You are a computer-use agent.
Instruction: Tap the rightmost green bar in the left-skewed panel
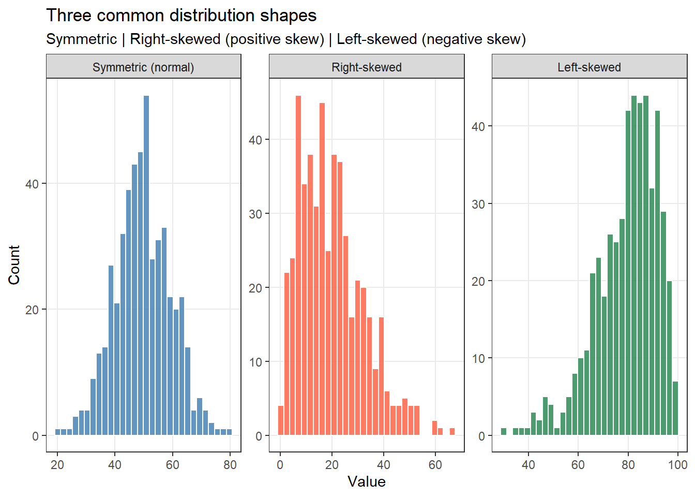point(675,408)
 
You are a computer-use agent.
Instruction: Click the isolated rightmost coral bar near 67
point(452,432)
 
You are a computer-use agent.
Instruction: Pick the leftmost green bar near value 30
point(504,432)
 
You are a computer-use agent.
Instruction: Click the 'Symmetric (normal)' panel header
point(143,67)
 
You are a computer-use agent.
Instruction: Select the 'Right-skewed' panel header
point(367,67)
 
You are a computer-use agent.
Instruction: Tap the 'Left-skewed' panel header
point(589,67)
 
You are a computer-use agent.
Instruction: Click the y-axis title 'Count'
point(14,265)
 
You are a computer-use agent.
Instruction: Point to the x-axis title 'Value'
point(367,481)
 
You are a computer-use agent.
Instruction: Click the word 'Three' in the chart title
point(68,16)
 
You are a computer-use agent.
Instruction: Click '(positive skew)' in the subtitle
point(275,39)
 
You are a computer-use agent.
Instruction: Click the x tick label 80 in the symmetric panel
point(230,465)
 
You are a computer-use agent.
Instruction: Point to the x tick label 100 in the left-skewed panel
point(677,465)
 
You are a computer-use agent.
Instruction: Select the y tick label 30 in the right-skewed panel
point(255,214)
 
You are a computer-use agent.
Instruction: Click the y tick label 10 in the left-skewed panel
point(478,358)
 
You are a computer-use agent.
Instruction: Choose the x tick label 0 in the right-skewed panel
point(280,465)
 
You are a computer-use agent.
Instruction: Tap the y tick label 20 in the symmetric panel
point(32,310)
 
